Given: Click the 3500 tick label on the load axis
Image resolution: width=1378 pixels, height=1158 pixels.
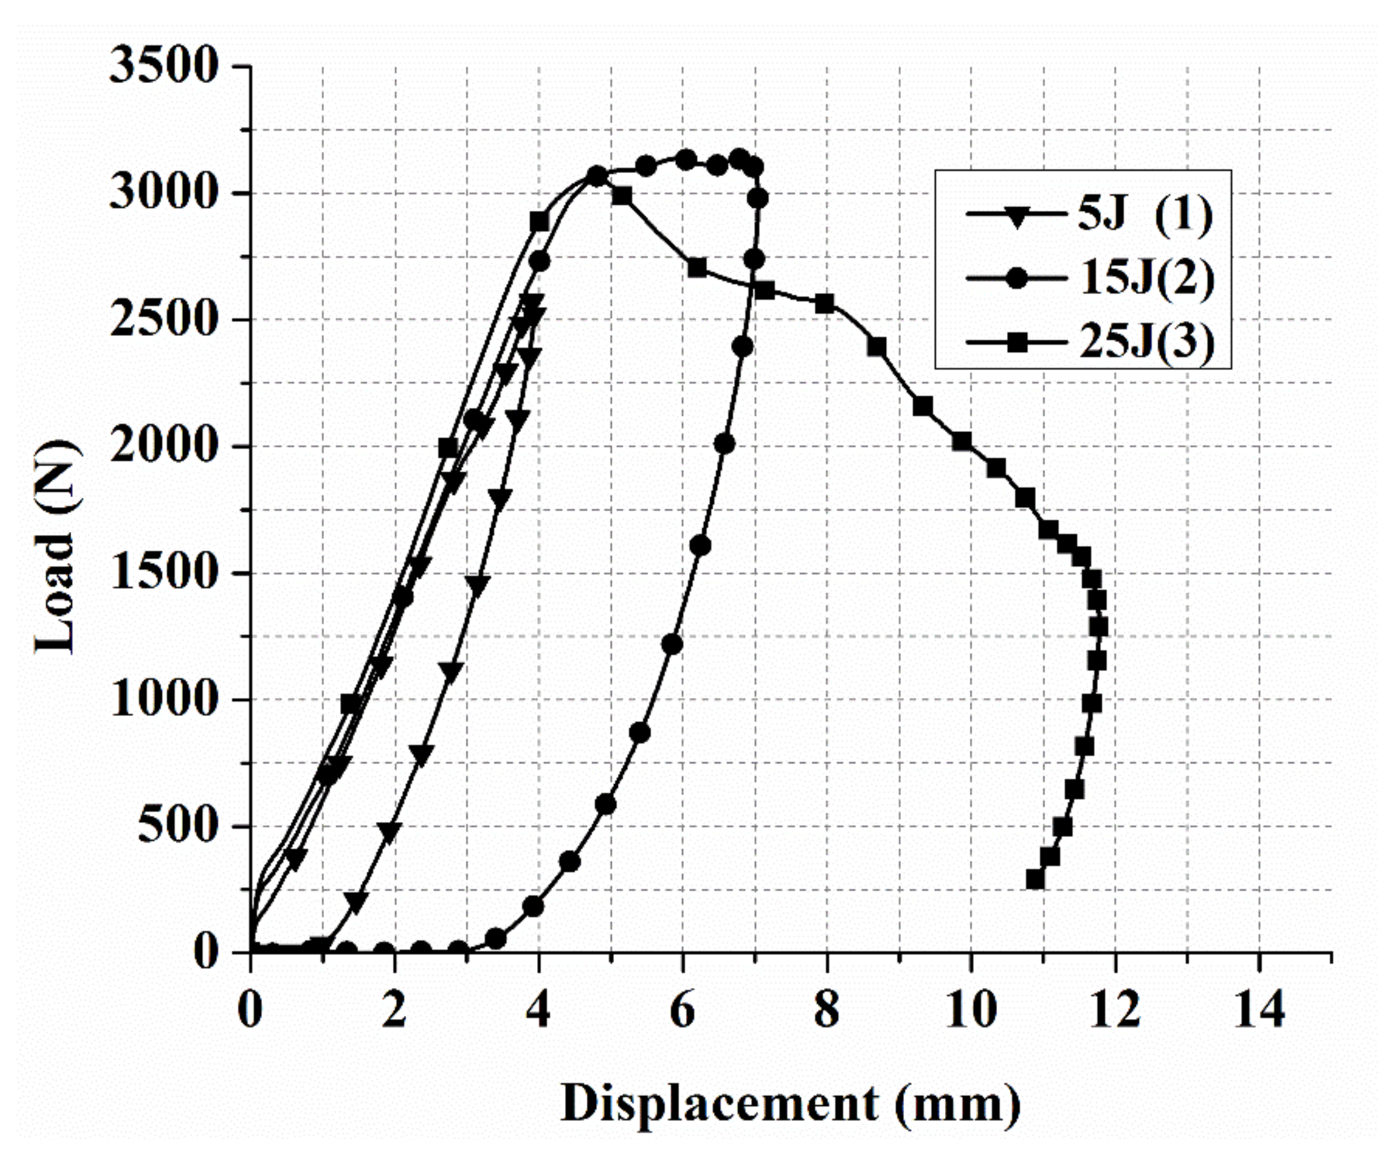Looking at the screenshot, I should coord(163,66).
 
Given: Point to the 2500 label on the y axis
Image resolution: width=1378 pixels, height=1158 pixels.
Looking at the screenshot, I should coord(163,320).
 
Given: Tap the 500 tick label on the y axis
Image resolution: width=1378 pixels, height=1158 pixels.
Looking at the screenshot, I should coord(177,825).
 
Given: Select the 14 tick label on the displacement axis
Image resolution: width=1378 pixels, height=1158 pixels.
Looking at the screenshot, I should coord(1258,1010).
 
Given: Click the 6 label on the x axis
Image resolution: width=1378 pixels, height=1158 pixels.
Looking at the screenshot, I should coord(682,1010).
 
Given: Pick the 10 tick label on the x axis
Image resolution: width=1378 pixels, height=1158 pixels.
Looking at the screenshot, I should coord(970,1010).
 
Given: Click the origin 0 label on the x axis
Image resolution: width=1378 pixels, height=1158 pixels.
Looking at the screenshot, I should coord(250,1010).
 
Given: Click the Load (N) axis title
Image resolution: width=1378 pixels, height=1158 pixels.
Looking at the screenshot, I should coord(56,547).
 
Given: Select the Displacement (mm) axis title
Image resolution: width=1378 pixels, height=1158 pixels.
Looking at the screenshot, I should coord(790,1104).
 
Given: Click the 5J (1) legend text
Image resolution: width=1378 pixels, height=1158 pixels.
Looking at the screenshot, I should coord(1144,214).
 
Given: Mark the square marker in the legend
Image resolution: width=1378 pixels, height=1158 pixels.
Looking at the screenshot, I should coord(1016,342).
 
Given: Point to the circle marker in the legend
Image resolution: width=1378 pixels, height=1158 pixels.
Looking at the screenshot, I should coord(1016,278).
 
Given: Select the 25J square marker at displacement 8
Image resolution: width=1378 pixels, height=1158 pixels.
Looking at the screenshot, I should coord(825,303).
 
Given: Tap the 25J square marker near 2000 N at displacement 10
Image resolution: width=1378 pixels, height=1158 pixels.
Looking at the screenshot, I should coord(962,442).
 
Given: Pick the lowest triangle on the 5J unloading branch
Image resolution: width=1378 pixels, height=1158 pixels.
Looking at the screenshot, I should coord(356,902).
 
